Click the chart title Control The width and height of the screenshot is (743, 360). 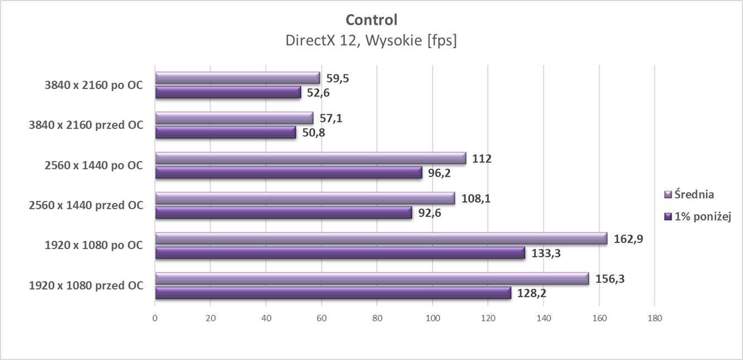pyautogui.click(x=371, y=20)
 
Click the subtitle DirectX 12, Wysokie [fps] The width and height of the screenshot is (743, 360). pyautogui.click(x=371, y=41)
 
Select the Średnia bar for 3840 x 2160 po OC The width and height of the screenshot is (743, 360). pyautogui.click(x=237, y=78)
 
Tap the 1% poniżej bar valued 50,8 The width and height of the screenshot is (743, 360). pyautogui.click(x=225, y=133)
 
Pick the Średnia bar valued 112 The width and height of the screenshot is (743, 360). pyautogui.click(x=310, y=158)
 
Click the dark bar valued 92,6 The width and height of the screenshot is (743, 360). pyautogui.click(x=283, y=213)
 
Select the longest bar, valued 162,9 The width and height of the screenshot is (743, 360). pyautogui.click(x=381, y=239)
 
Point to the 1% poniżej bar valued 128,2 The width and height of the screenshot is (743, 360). pyautogui.click(x=333, y=293)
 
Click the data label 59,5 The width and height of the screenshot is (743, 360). pyautogui.click(x=338, y=79)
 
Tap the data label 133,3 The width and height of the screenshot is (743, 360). pyautogui.click(x=546, y=254)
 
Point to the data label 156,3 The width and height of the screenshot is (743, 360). pyautogui.click(x=610, y=279)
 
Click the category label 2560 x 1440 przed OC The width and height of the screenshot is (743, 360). pyautogui.click(x=86, y=206)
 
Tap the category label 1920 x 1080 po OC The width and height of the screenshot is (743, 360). pyautogui.click(x=93, y=245)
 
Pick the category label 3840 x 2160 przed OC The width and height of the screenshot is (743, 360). pyautogui.click(x=86, y=125)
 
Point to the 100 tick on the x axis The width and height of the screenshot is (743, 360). pyautogui.click(x=433, y=318)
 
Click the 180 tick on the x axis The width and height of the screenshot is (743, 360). pyautogui.click(x=654, y=318)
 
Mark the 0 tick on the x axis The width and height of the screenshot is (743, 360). pyautogui.click(x=155, y=318)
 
